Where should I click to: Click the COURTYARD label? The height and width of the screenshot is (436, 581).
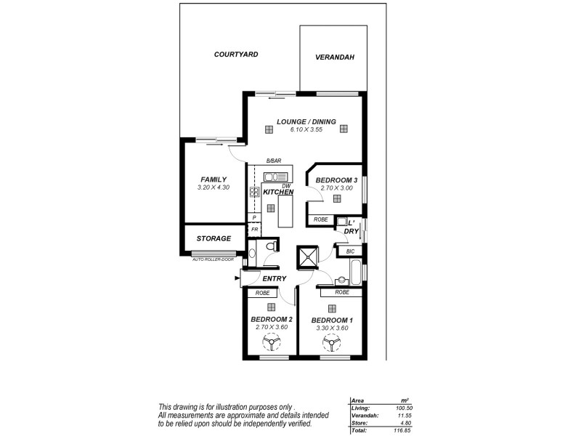236,54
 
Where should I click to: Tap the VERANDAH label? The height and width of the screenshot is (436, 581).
334,59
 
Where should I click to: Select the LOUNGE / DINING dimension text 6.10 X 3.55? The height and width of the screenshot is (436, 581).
306,130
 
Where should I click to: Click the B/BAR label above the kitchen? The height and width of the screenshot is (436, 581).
273,161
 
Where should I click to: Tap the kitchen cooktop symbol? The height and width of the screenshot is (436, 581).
255,193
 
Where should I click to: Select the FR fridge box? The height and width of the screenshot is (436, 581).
254,229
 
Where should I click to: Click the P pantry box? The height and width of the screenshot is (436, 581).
254,217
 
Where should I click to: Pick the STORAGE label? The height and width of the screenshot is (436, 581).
214,238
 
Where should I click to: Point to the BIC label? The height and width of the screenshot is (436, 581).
351,251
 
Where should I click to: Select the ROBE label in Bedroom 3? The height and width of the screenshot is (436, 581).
320,219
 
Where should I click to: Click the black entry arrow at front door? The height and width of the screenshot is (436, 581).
237,278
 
